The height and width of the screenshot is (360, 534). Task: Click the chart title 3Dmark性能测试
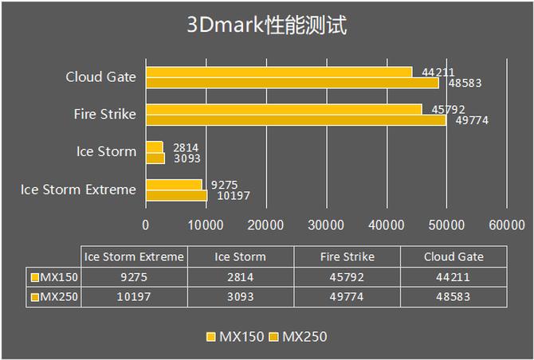tap(266, 25)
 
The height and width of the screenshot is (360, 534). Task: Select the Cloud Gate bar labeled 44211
tap(278, 72)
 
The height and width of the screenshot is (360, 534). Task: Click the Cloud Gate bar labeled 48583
tap(292, 82)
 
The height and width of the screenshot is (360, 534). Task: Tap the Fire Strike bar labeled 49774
tap(295, 119)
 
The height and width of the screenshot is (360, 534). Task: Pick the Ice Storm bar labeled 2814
tap(154, 147)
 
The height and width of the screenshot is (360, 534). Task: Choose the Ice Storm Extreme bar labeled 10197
tap(176, 195)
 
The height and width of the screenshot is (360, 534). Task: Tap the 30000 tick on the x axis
tap(326, 225)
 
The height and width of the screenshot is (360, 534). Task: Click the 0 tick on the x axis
tap(146, 225)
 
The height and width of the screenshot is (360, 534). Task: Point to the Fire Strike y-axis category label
tap(104, 114)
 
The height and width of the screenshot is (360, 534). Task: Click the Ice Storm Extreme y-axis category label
tap(78, 189)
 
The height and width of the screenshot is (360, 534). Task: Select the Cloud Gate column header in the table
tap(453, 256)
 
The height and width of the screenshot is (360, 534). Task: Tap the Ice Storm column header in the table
tap(241, 256)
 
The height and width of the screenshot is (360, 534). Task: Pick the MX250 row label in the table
tap(57, 296)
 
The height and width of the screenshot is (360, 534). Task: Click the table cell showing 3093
tap(241, 296)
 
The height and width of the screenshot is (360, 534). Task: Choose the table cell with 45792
tap(347, 277)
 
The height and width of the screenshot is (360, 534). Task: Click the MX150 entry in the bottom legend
tap(234, 336)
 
